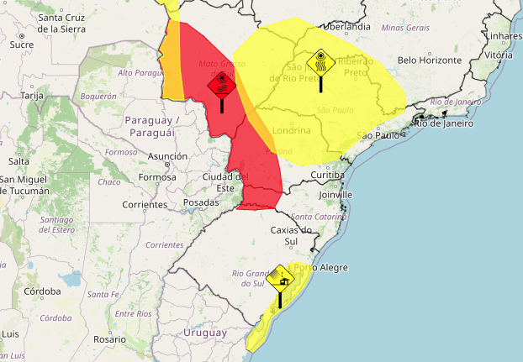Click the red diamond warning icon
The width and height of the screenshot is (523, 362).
point(221,84)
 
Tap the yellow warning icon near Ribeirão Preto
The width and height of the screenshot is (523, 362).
point(320,62)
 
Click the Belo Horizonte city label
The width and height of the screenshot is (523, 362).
point(431,60)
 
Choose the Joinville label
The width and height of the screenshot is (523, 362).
point(335,194)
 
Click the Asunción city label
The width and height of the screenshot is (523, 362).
point(167,156)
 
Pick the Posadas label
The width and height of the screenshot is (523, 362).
point(201,202)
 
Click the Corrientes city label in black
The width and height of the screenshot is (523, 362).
point(144,204)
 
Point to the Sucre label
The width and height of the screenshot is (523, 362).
point(21,45)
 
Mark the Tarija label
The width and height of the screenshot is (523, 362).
point(31,96)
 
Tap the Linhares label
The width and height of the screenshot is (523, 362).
point(504,37)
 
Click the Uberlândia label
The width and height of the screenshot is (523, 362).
point(346,26)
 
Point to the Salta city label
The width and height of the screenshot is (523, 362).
point(18,160)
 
